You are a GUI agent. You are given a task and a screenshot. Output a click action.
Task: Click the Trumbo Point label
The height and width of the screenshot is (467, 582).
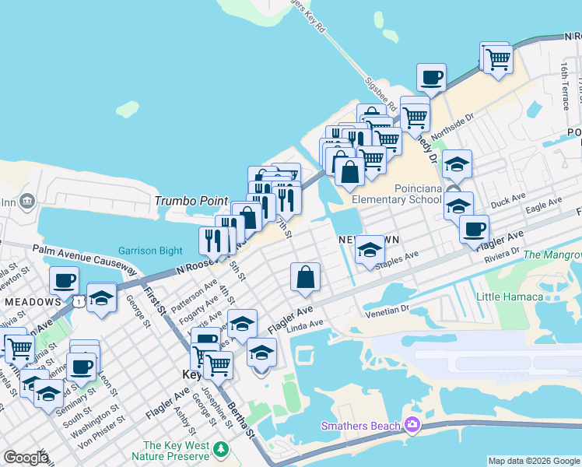(191, 200)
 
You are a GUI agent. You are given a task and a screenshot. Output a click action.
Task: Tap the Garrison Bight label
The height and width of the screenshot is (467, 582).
(150, 251)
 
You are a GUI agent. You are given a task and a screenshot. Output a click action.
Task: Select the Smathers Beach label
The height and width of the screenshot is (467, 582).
(361, 425)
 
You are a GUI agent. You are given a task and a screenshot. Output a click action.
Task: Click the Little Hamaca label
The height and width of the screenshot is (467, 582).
(510, 297)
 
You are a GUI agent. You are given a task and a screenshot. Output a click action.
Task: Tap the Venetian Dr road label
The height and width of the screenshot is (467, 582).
(387, 309)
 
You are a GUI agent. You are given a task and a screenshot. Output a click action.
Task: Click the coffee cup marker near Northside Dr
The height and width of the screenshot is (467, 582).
(431, 78)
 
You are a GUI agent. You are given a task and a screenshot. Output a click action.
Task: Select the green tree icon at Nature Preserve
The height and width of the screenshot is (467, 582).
(222, 449)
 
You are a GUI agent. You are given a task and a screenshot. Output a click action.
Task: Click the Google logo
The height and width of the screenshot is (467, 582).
(25, 458)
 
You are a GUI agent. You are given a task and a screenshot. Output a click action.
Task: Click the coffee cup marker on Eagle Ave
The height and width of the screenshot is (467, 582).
(474, 229)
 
